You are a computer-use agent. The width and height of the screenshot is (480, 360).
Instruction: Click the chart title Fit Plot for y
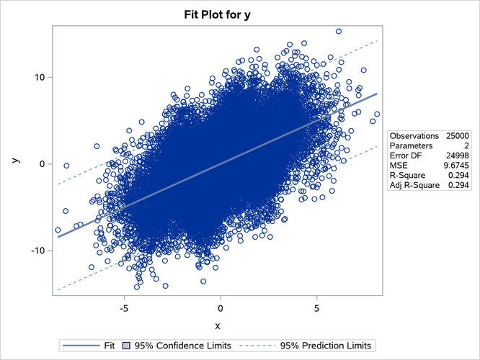(240, 12)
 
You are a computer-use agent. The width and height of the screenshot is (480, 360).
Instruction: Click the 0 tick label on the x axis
(221, 306)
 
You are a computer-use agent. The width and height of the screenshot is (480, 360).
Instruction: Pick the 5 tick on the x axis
(316, 306)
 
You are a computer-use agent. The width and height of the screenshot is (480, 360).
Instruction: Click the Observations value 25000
(458, 135)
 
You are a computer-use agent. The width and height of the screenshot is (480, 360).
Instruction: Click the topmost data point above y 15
(338, 31)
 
